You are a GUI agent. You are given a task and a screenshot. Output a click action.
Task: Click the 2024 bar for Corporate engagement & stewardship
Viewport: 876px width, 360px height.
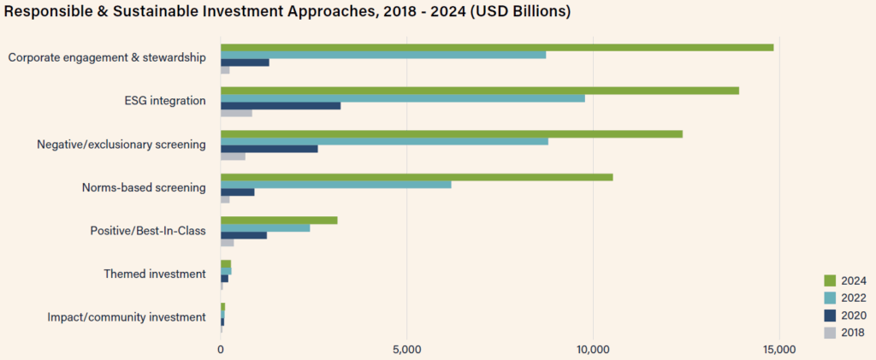pos(496,47)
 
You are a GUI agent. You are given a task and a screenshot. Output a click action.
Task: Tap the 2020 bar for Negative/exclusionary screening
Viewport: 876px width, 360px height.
pos(269,149)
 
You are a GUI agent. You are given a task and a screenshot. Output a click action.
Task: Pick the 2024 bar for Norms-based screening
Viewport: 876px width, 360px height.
pos(416,177)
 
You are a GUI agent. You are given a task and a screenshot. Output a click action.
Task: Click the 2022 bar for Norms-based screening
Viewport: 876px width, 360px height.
pos(335,184)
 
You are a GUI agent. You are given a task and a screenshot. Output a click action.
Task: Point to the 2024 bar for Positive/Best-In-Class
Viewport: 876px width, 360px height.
pos(278,221)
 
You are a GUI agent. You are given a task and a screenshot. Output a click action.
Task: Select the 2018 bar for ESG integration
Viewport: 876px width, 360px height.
pos(236,113)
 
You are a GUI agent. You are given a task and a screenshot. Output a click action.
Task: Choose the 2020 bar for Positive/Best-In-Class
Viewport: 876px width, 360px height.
pos(243,235)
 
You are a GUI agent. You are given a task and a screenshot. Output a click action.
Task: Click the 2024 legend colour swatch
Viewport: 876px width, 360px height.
pos(828,280)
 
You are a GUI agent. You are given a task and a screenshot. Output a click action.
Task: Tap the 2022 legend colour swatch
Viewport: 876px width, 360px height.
pos(828,298)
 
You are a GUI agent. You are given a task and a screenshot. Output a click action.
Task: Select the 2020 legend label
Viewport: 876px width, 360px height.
pos(853,316)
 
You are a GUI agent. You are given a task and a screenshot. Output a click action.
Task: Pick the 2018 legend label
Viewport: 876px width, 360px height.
pos(853,333)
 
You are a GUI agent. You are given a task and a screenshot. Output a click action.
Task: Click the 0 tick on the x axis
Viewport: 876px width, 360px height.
pos(221,349)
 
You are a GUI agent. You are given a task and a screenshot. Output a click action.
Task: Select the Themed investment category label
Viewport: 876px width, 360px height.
pos(155,274)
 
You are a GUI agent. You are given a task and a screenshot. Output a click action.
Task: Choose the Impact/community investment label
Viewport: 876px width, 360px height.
pos(127,317)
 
